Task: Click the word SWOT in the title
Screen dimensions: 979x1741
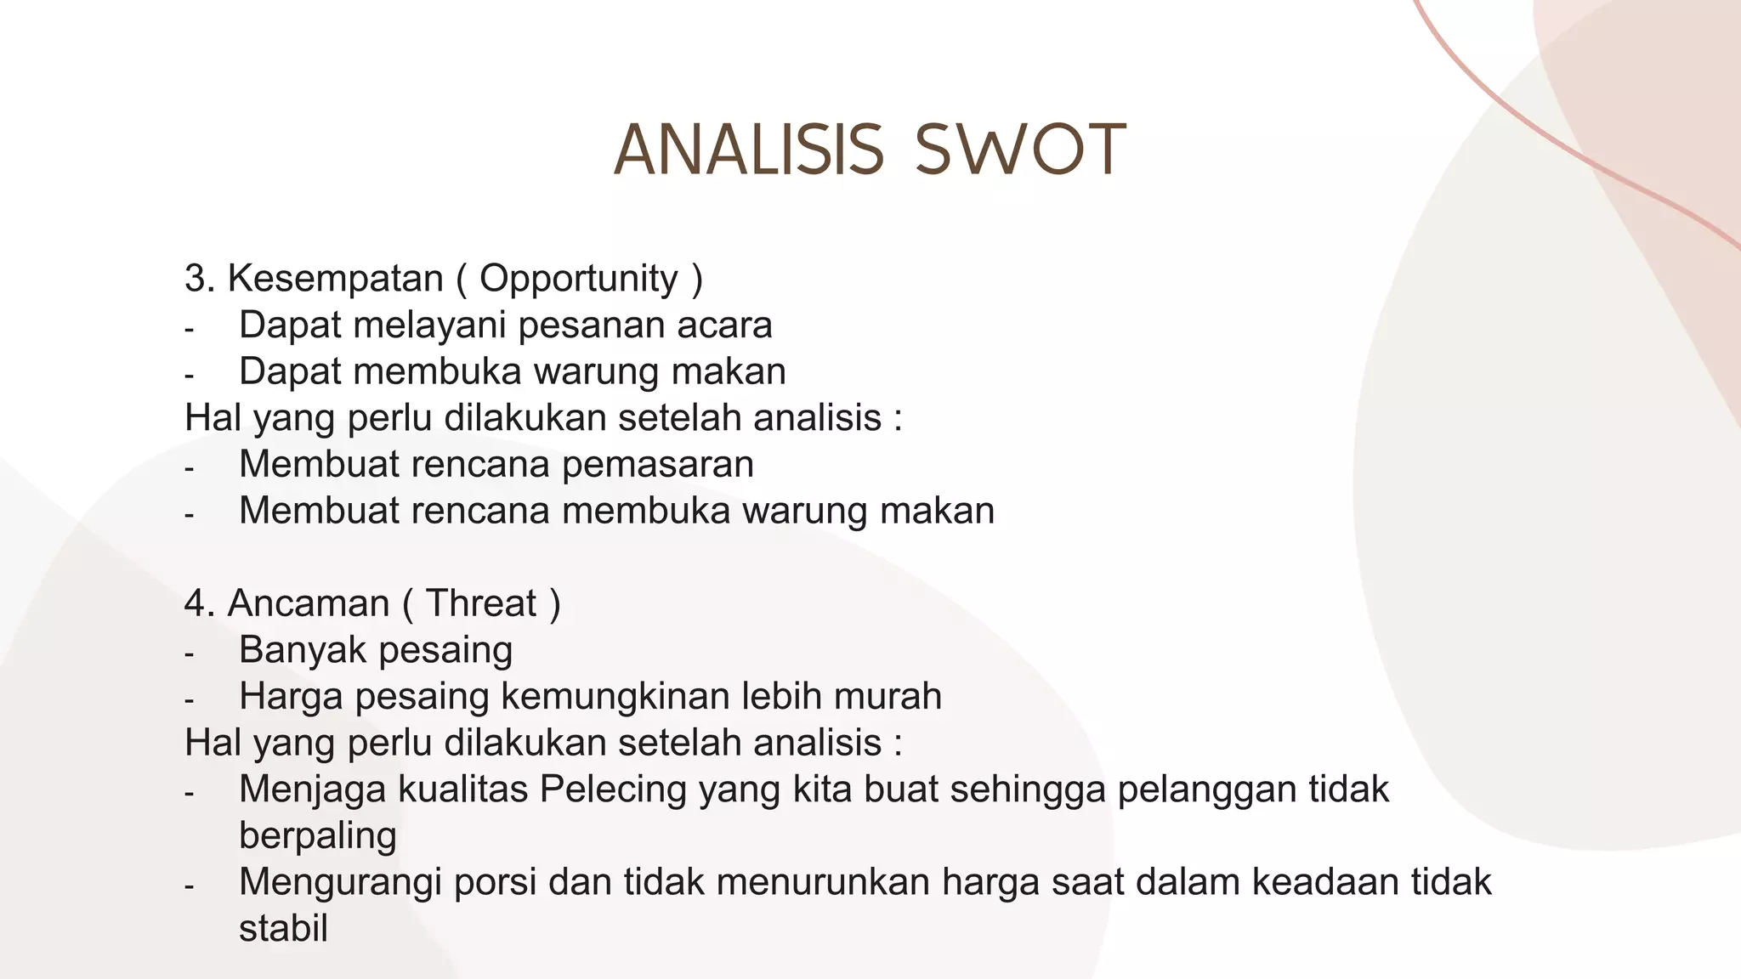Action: [1020, 150]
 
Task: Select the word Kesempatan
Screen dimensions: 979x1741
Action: [335, 279]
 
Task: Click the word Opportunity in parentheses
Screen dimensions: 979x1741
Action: [579, 279]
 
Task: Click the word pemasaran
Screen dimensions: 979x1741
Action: [658, 465]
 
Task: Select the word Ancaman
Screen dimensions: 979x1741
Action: [308, 603]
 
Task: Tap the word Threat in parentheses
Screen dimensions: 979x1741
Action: [481, 603]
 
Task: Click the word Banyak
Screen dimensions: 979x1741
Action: [303, 650]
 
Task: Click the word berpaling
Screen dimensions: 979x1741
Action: [318, 836]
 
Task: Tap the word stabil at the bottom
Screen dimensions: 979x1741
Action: [283, 929]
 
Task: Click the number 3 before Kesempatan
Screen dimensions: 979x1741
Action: [195, 279]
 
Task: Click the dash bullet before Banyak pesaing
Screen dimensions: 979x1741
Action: [189, 654]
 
